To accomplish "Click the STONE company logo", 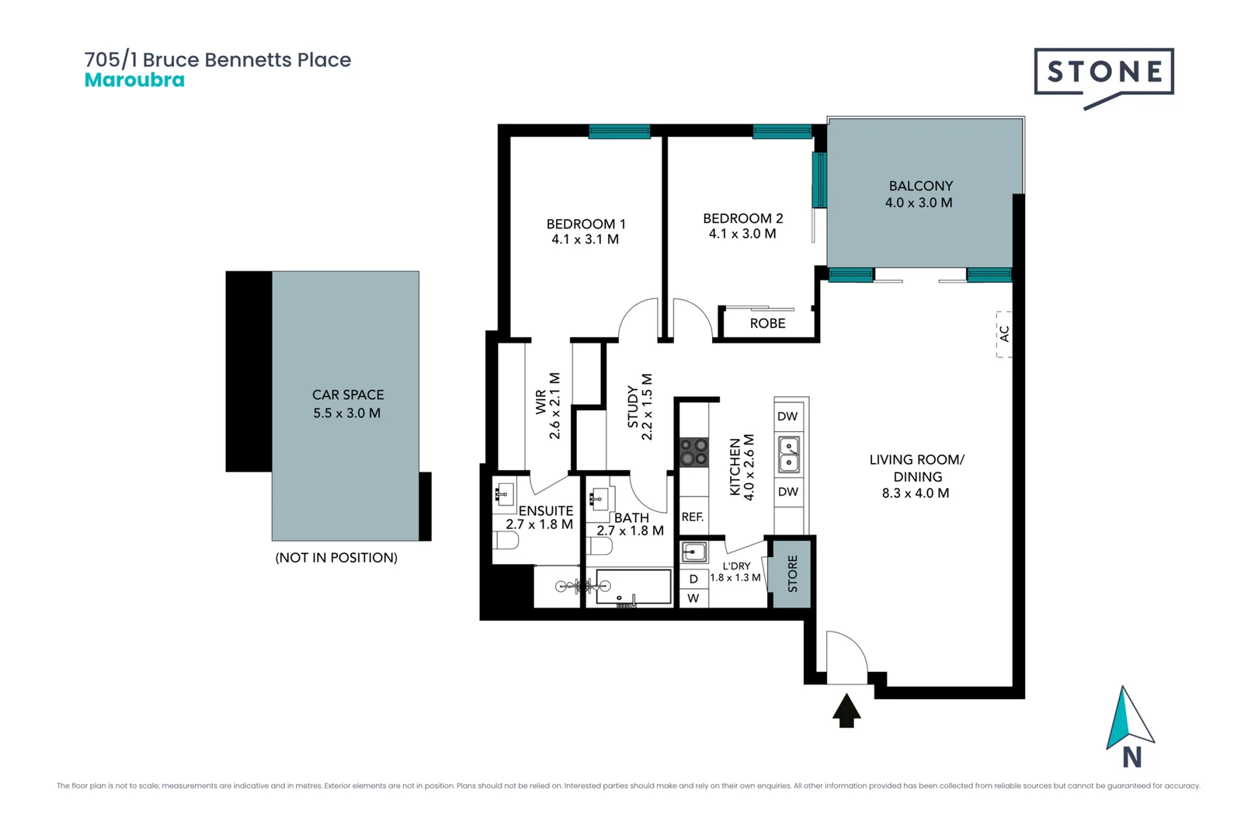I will (1103, 73).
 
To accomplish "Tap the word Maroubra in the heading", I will (134, 80).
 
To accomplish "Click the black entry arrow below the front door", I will (846, 711).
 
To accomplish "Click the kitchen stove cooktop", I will (693, 452).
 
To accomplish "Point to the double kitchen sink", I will (789, 454).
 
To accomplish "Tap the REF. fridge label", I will (693, 517).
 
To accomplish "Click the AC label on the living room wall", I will (1004, 334).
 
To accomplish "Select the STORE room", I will (792, 573).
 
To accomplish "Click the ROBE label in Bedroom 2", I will (767, 324).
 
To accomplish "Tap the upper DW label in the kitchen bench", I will (787, 417).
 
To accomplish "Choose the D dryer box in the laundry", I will (693, 580).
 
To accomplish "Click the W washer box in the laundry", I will (693, 598).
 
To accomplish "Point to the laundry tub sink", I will (693, 552).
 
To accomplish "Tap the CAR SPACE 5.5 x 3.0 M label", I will (347, 404).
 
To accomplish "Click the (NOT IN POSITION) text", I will (336, 558).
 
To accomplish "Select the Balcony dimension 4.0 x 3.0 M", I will (919, 203).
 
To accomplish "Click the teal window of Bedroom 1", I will (619, 131).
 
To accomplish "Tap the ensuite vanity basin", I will (505, 494).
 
